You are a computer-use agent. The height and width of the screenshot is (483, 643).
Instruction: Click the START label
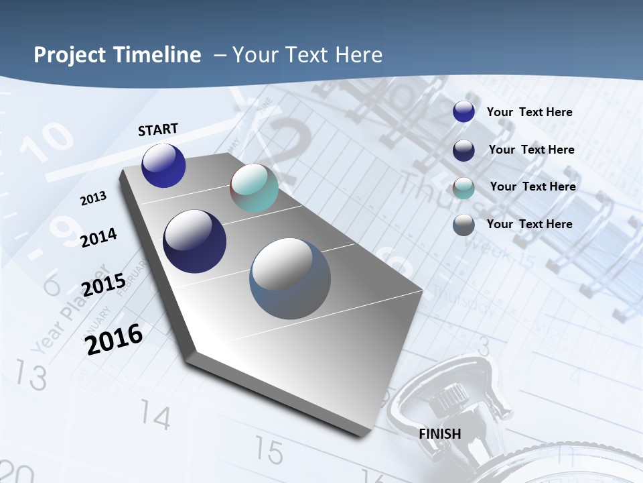click(158, 129)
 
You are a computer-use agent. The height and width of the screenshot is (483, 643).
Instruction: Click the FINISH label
click(440, 433)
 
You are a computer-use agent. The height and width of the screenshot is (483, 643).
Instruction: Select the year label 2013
click(94, 199)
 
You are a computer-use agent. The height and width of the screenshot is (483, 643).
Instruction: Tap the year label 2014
click(99, 237)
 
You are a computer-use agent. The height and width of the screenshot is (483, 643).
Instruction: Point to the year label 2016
click(115, 339)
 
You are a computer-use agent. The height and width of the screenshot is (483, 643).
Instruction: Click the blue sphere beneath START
click(163, 165)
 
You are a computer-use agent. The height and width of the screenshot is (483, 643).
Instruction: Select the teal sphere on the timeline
click(254, 188)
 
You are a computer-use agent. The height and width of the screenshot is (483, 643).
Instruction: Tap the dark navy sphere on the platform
click(194, 241)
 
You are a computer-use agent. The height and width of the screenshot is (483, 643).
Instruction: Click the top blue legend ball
click(463, 111)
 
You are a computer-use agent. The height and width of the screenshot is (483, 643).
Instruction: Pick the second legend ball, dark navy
click(463, 150)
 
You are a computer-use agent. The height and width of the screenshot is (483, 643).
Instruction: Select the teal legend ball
click(463, 187)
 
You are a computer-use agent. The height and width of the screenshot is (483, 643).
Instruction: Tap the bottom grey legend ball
click(463, 225)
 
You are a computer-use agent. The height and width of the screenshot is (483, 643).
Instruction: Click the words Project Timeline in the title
click(117, 55)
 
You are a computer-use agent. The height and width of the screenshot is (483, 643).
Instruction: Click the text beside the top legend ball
click(529, 112)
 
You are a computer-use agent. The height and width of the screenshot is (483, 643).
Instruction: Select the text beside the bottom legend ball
click(529, 224)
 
